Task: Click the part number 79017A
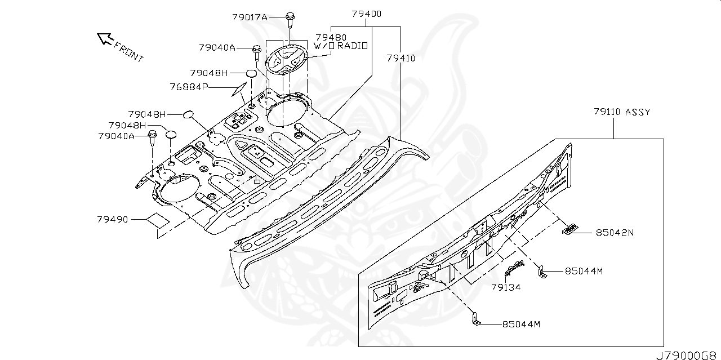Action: [250, 17]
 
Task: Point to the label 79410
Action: [401, 58]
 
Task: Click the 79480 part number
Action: [331, 37]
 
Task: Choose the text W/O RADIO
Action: [340, 46]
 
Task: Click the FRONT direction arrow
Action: [105, 38]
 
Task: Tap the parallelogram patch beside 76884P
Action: [238, 89]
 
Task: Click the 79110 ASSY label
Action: [621, 112]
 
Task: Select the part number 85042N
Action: [615, 232]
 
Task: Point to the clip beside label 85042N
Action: [570, 229]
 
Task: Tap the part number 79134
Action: [505, 287]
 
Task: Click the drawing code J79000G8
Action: [688, 355]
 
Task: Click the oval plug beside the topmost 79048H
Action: [252, 73]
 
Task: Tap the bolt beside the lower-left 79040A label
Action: [152, 138]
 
